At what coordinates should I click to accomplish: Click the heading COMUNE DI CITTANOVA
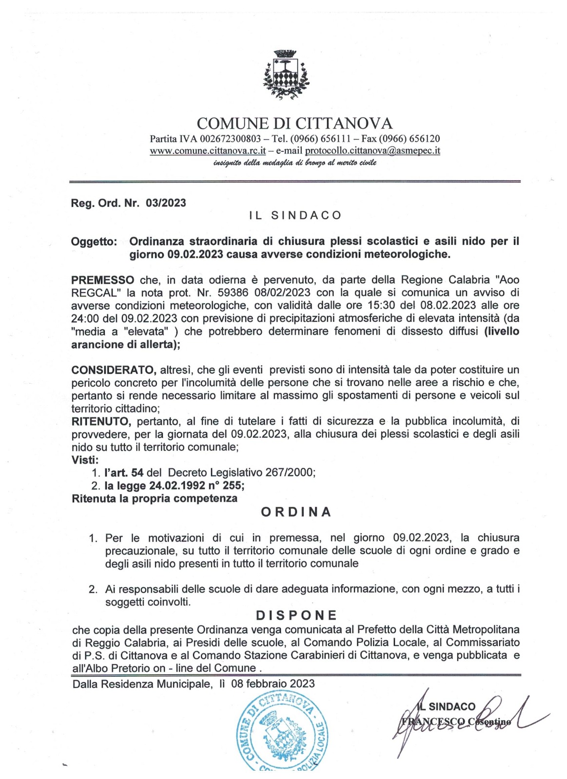pyautogui.click(x=294, y=123)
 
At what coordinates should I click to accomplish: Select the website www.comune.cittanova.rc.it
pyautogui.click(x=208, y=150)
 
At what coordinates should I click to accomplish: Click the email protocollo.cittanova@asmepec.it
pyautogui.click(x=372, y=150)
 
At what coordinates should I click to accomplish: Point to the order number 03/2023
pyautogui.click(x=166, y=203)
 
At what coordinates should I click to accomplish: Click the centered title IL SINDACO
pyautogui.click(x=295, y=215)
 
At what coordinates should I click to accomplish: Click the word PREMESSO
pyautogui.click(x=103, y=280)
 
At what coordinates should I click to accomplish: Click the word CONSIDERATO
pyautogui.click(x=114, y=370)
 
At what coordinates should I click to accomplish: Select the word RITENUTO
pyautogui.click(x=101, y=421)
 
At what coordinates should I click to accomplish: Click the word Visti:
pyautogui.click(x=85, y=460)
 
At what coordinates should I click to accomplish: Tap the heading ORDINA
pyautogui.click(x=296, y=512)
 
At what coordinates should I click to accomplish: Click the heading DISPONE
pyautogui.click(x=296, y=615)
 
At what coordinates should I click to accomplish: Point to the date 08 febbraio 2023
pyautogui.click(x=273, y=684)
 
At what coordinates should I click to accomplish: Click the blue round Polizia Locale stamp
pyautogui.click(x=283, y=733)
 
